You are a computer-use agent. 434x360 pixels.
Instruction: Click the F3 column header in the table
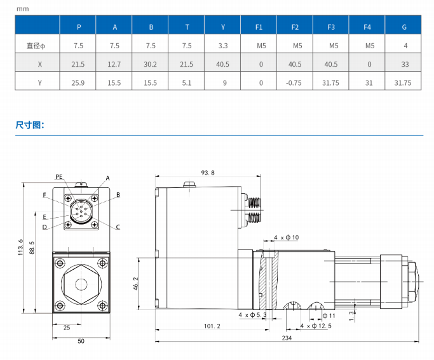point(331,27)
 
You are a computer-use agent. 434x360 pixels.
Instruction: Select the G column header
point(404,27)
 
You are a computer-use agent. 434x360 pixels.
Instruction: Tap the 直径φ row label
point(37,46)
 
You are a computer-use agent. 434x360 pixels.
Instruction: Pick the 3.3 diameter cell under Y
point(223,46)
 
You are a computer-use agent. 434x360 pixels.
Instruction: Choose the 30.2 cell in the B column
point(151,64)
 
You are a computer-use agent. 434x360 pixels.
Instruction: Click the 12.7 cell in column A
point(114,64)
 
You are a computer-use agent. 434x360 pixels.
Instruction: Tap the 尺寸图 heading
point(29,125)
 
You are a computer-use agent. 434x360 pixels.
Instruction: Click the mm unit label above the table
point(22,9)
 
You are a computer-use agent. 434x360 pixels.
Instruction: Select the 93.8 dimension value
point(208,173)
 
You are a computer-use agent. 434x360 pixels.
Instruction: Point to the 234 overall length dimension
point(286,338)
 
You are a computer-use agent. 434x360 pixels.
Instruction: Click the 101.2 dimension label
point(212,326)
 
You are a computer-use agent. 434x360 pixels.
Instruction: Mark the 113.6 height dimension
point(21,247)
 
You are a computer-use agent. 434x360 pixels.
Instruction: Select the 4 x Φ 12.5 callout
point(316,326)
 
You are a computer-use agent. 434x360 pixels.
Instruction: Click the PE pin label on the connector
point(59,177)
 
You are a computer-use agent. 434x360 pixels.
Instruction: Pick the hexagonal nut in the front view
point(79,281)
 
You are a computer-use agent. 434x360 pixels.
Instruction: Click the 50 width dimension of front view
point(81,342)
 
